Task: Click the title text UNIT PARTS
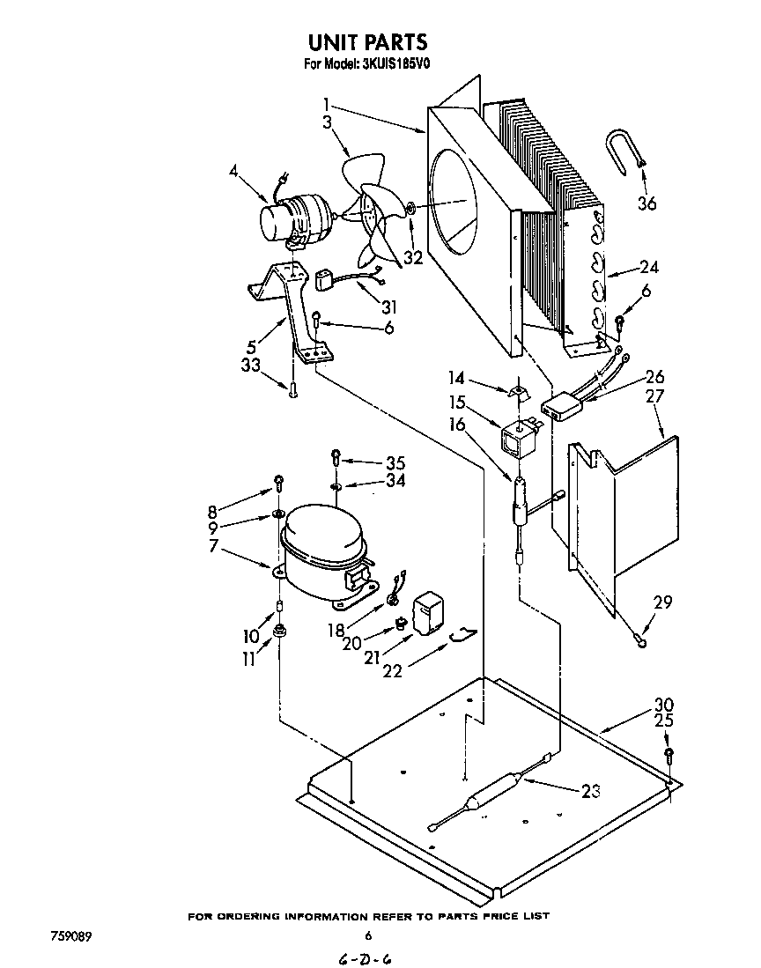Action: [x=368, y=41]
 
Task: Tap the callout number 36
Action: [x=646, y=204]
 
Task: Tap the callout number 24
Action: [x=648, y=268]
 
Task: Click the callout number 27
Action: [x=654, y=396]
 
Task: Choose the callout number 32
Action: [x=412, y=258]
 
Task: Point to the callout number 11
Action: [x=252, y=658]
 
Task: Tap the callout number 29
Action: [x=662, y=603]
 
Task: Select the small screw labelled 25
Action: [x=669, y=753]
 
